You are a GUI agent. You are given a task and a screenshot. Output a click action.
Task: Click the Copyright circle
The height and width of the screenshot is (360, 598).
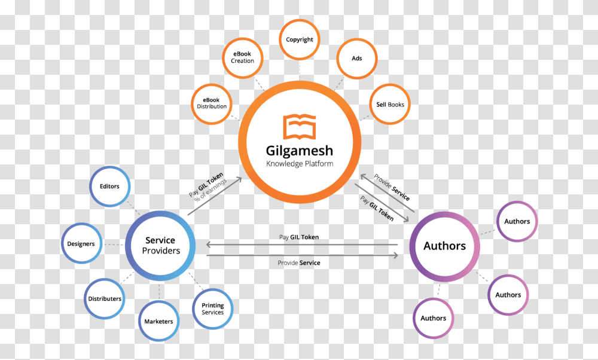click(300, 39)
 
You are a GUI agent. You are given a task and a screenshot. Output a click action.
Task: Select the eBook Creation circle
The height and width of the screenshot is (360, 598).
click(242, 57)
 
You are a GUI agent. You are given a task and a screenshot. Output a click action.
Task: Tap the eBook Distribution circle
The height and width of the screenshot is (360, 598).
click(211, 103)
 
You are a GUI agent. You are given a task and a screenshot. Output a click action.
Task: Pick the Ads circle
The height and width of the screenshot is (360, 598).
click(357, 58)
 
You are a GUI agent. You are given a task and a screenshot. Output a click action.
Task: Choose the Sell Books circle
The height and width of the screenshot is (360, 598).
click(390, 104)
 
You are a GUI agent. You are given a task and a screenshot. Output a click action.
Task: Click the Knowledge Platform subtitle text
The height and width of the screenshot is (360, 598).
click(300, 164)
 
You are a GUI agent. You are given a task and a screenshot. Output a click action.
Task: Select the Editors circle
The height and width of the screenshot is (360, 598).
click(109, 187)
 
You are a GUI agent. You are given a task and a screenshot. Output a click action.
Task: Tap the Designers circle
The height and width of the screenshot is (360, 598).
click(81, 243)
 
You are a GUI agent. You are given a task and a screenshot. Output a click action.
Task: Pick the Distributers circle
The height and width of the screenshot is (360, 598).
click(104, 298)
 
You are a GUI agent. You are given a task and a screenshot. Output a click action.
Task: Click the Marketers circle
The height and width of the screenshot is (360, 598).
click(158, 321)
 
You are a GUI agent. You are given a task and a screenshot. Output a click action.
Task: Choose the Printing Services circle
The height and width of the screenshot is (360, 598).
click(212, 309)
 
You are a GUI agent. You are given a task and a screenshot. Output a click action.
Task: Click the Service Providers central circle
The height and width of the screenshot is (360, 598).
click(161, 246)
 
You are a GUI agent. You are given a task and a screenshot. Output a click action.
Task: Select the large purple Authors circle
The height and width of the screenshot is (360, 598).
click(444, 246)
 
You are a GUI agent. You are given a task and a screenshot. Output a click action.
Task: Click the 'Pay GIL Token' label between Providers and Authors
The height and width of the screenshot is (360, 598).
click(299, 237)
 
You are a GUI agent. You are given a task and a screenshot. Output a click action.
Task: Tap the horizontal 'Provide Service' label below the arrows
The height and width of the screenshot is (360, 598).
click(299, 263)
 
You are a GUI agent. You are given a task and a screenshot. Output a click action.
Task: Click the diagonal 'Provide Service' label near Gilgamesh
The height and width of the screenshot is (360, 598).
click(392, 187)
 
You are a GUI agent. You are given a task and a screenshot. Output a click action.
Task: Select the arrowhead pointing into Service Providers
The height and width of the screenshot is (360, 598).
click(209, 244)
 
